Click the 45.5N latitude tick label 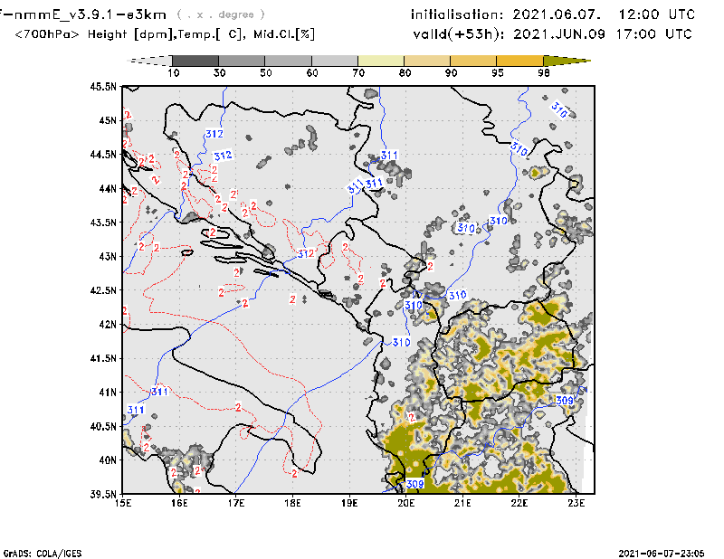point(105,87)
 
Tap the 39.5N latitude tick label point(105,494)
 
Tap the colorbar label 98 point(545,72)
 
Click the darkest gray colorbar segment point(193,61)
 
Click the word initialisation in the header point(454,15)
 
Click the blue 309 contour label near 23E point(564,400)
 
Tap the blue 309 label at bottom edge point(414,485)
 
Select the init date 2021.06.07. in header point(555,15)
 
